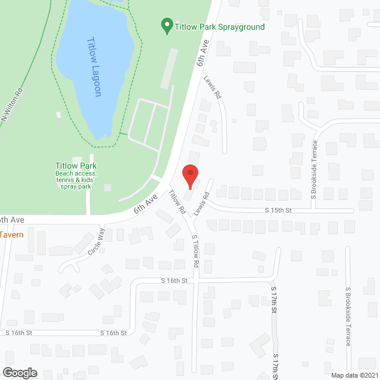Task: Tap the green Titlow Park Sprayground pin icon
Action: (167, 26)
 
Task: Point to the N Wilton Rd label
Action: (12, 106)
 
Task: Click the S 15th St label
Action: (278, 210)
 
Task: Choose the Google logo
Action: (19, 372)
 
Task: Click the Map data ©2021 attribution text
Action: (354, 375)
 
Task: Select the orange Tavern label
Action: (12, 235)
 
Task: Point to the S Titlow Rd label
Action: (195, 254)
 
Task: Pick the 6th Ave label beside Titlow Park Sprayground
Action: (204, 54)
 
